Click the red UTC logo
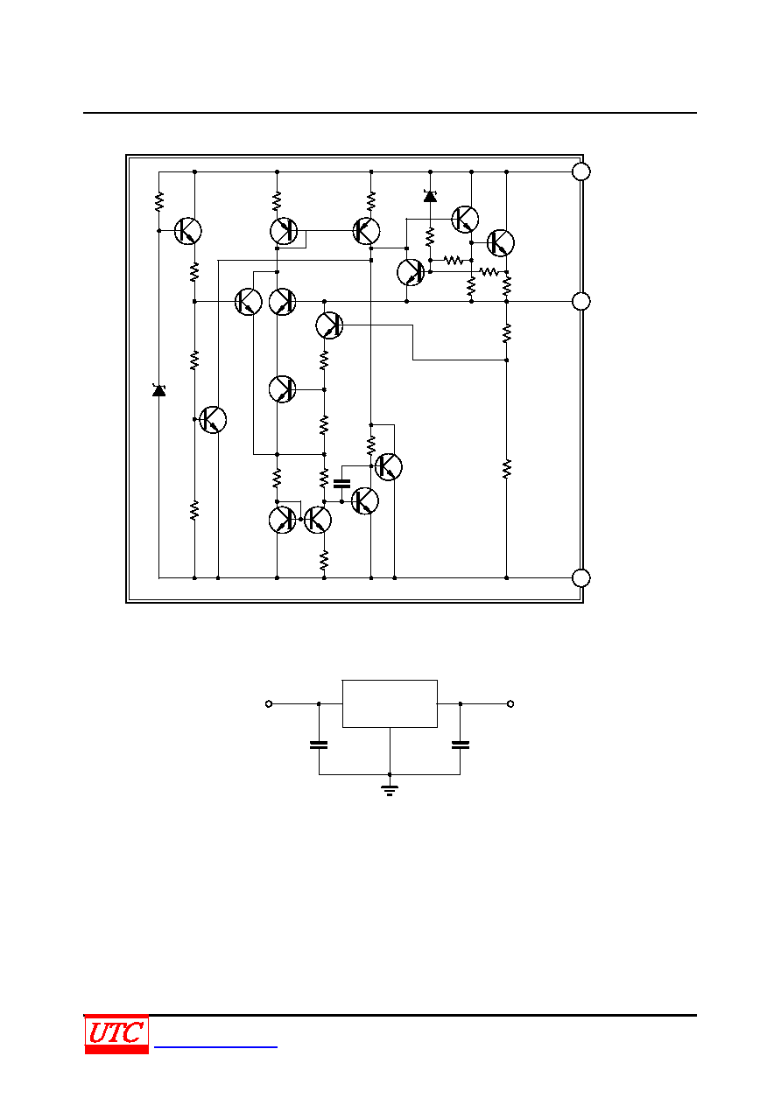(x=116, y=1034)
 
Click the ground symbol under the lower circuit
(x=390, y=791)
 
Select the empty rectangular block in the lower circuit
(x=390, y=704)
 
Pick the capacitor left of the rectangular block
(x=319, y=745)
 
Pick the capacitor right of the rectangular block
(x=461, y=745)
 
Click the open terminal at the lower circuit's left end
(x=269, y=704)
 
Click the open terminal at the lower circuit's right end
(x=510, y=704)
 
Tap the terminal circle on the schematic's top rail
(x=581, y=171)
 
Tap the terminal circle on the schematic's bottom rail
(x=581, y=578)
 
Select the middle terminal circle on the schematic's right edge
(x=581, y=302)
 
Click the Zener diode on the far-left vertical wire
(x=159, y=390)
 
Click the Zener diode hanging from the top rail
(x=430, y=196)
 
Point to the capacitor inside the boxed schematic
(x=341, y=484)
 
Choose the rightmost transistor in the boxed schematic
(x=501, y=242)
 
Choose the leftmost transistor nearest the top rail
(x=188, y=231)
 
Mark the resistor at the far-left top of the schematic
(x=159, y=202)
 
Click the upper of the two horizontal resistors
(x=454, y=260)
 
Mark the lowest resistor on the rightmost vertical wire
(x=507, y=469)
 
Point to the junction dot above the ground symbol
(x=390, y=774)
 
